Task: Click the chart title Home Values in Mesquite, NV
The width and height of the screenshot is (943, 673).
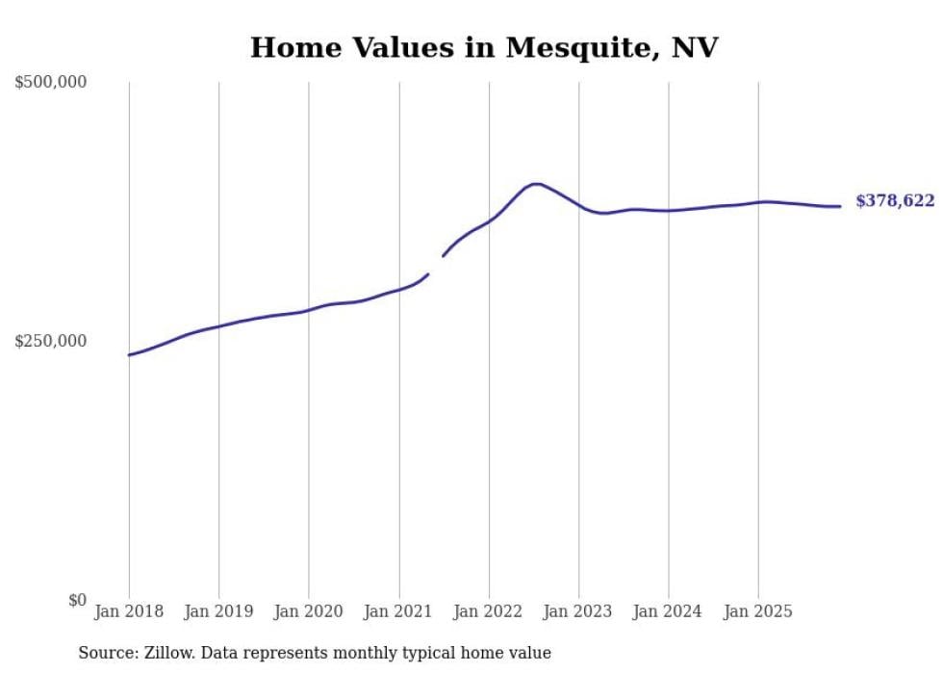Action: pos(484,47)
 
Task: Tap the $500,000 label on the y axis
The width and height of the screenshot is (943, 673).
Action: pos(51,83)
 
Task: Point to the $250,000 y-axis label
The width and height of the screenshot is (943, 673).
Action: pos(51,341)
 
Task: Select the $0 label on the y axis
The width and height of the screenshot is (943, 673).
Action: pos(77,600)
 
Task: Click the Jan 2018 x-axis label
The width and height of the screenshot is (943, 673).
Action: pos(129,611)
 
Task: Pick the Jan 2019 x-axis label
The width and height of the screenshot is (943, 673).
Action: pos(218,611)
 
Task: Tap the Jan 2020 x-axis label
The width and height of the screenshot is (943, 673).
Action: pos(309,611)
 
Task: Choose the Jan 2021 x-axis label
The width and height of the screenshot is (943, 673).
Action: pos(398,611)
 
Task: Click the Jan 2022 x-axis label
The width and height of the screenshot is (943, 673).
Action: pos(489,611)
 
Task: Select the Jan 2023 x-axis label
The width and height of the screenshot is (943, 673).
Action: pos(578,611)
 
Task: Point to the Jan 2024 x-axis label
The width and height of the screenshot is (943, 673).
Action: pos(669,611)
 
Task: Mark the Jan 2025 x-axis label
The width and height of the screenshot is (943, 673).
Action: pos(758,611)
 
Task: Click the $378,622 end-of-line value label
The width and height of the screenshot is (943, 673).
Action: pos(895,200)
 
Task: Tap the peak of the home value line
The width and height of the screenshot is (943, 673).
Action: pos(535,184)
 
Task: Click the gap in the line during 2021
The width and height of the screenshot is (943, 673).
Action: pos(435,265)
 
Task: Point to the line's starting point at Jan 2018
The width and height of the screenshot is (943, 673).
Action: pos(130,355)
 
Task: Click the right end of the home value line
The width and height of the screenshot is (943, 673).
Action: pos(840,206)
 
